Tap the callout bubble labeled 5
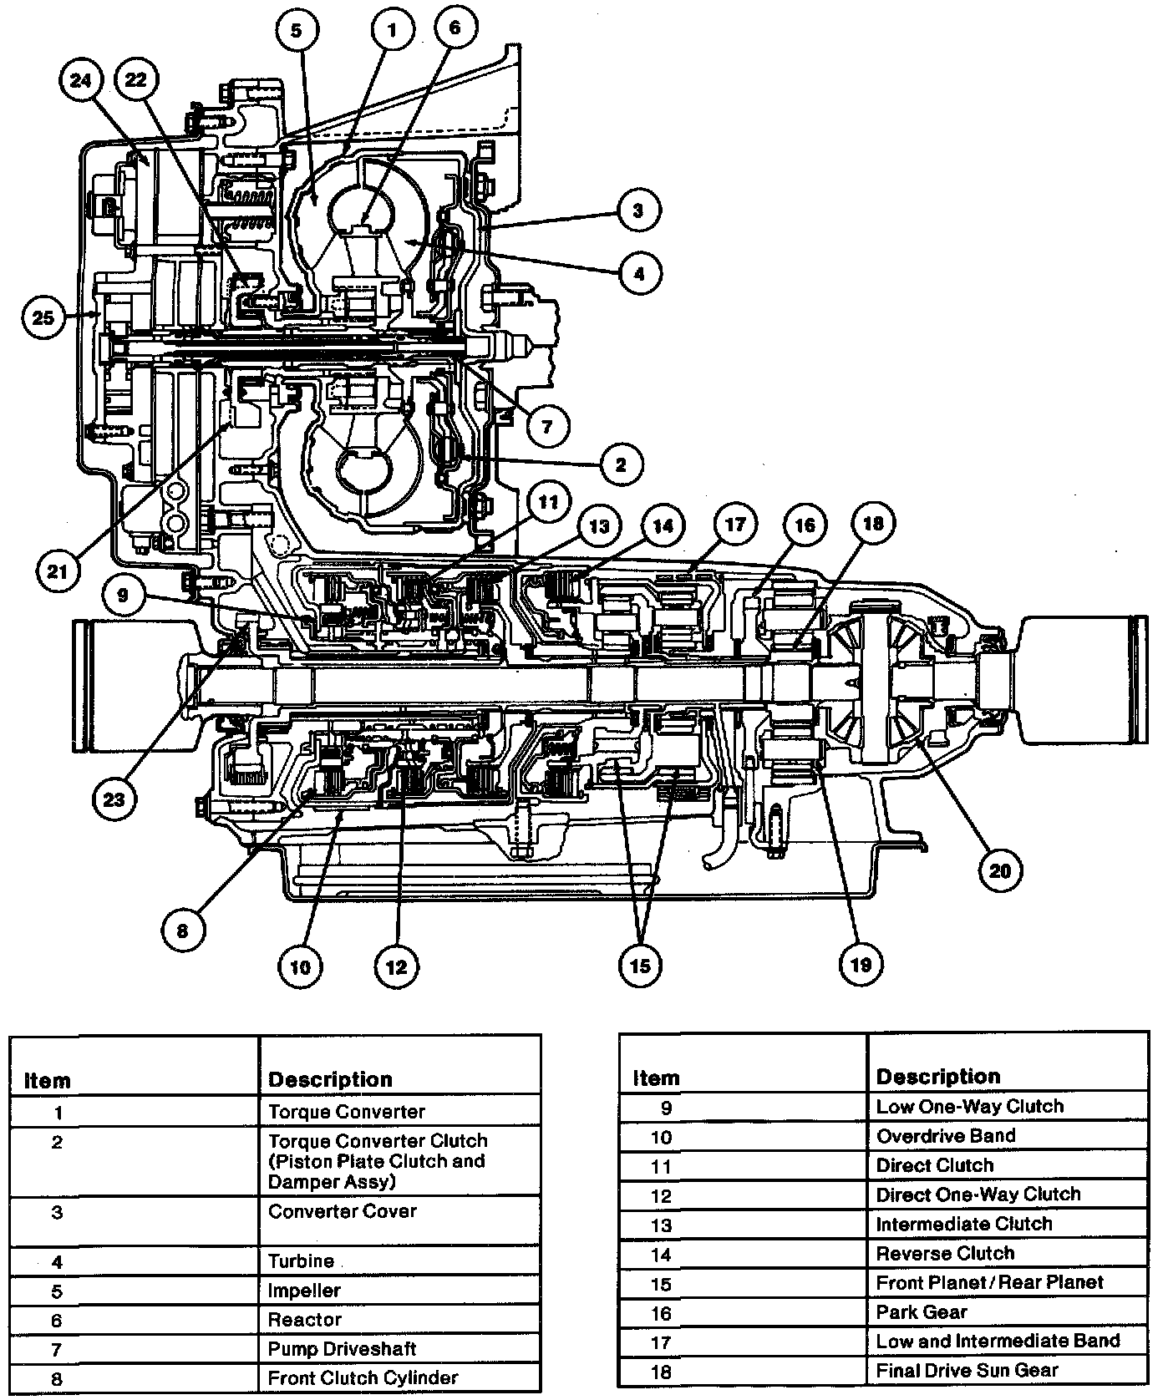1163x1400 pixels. coord(297,31)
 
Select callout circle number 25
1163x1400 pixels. coord(43,317)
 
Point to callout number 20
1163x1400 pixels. coord(1000,871)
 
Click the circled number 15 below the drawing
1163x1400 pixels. coord(639,966)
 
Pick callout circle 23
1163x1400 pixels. coord(114,799)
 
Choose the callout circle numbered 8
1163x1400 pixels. coord(183,929)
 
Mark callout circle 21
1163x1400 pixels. coord(58,571)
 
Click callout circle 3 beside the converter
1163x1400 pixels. coord(638,209)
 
